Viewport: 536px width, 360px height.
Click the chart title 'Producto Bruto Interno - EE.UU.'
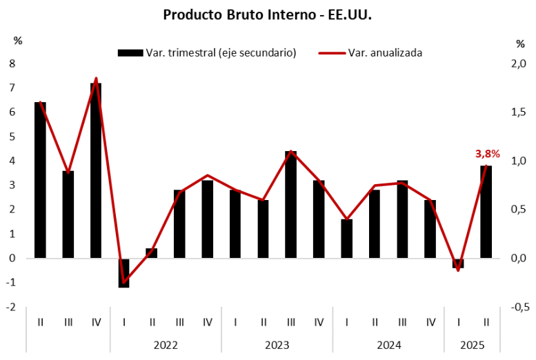(267, 14)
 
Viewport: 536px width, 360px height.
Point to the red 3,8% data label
(488, 154)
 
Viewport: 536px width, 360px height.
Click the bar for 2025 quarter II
(486, 212)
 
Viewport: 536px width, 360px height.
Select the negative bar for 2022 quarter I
(124, 272)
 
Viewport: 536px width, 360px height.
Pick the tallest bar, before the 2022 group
(96, 170)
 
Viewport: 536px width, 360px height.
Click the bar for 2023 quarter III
(291, 204)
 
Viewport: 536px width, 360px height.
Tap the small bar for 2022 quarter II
(152, 253)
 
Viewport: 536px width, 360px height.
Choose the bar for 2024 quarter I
(346, 239)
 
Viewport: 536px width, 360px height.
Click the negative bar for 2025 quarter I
(458, 263)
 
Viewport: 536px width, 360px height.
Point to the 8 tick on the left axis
(12, 63)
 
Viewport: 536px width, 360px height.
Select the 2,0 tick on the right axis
(515, 63)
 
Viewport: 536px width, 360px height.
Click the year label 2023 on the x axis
(277, 344)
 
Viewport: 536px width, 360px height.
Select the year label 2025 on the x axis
(472, 344)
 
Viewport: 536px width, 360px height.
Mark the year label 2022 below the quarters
(166, 344)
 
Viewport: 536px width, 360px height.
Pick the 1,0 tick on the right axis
(515, 161)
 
